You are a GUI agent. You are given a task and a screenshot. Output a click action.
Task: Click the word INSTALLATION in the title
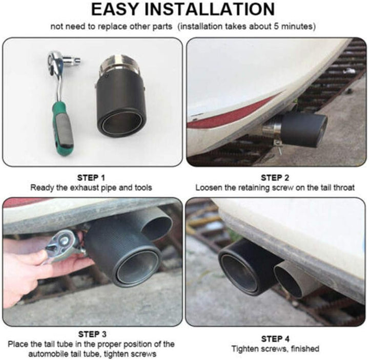point(210,9)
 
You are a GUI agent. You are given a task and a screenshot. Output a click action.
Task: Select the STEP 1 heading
point(91,178)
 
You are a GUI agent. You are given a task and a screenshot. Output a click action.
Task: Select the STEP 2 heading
point(275,178)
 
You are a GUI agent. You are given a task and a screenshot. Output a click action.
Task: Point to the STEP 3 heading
point(92,334)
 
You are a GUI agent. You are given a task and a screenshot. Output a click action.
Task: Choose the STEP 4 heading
point(275,339)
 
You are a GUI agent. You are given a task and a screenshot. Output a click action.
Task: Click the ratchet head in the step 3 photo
point(63,245)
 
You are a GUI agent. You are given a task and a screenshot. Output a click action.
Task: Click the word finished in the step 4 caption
point(305,349)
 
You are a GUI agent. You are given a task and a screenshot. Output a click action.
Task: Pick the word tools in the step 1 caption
point(143,187)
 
